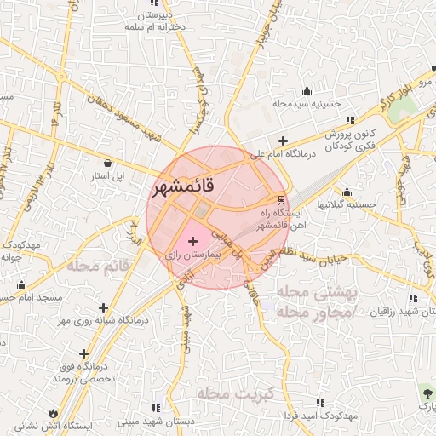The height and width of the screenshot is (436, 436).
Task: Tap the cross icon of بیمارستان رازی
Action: tap(192, 242)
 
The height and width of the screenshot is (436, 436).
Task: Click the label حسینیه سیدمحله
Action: tap(307, 104)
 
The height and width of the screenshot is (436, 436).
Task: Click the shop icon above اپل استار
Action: tap(107, 162)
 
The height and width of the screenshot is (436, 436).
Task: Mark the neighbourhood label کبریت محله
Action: tap(233, 393)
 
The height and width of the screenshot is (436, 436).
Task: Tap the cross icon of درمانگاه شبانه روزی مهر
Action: tap(104, 307)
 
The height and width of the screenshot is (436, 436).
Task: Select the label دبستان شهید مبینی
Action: tap(153, 421)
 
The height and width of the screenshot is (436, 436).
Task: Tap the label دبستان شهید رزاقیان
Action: tap(400, 312)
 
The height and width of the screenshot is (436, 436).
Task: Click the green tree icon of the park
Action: tap(426, 393)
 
